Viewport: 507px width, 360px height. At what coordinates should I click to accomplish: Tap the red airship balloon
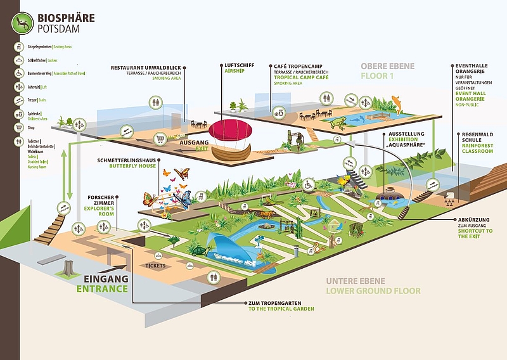[x=231, y=132]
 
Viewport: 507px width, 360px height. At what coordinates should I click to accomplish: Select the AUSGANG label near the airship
[x=195, y=143]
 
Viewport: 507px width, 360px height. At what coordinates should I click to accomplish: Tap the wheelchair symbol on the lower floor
[x=309, y=186]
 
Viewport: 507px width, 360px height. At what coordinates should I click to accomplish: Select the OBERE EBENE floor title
[x=388, y=66]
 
